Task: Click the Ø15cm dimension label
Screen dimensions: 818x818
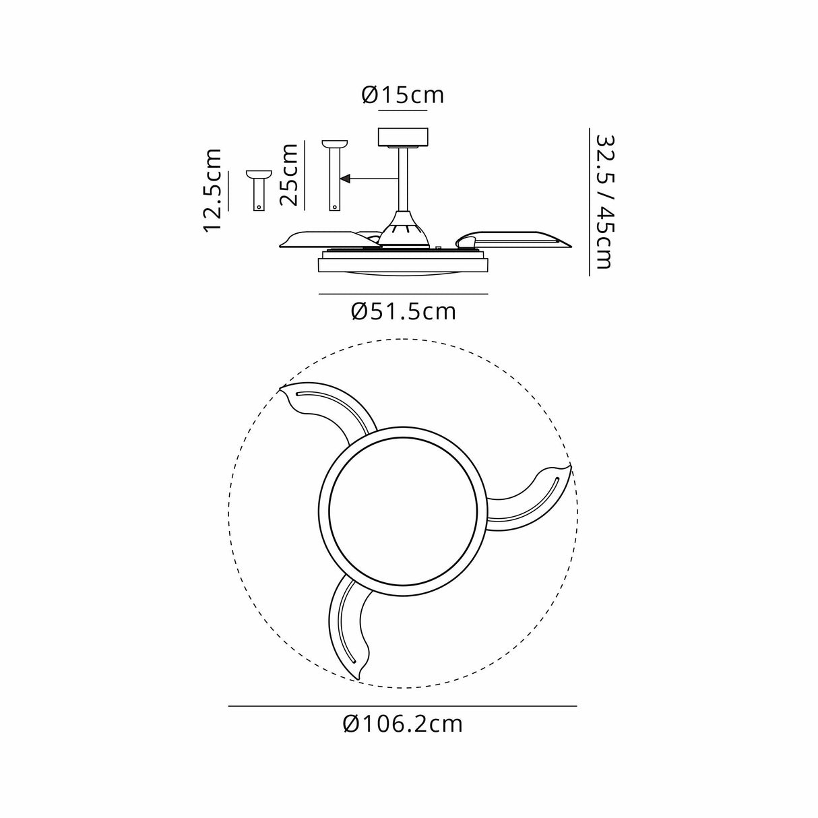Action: point(403,95)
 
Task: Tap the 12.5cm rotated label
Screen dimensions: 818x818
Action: point(214,191)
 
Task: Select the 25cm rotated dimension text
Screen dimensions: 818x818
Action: point(290,175)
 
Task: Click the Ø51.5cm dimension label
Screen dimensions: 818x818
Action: point(404,311)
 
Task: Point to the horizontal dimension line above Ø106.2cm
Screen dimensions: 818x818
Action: point(402,705)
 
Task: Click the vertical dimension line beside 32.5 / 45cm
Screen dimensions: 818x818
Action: point(590,201)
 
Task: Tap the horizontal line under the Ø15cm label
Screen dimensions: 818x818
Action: point(403,109)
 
